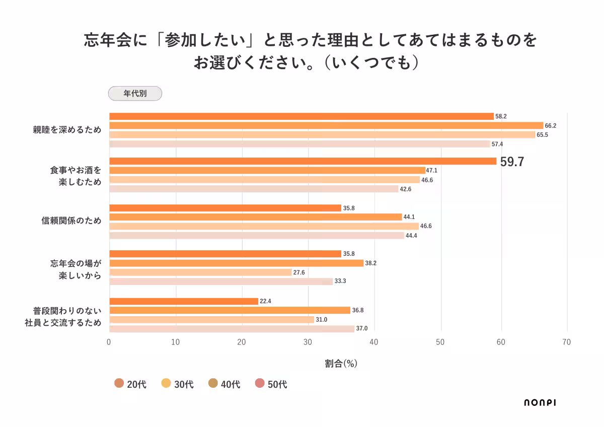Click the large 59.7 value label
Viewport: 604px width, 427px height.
tap(512, 162)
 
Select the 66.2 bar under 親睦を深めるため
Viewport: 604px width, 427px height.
tap(326, 125)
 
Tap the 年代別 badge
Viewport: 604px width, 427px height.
tap(135, 93)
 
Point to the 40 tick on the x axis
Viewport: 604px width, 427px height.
tap(373, 342)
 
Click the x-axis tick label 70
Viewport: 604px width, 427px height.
tap(566, 342)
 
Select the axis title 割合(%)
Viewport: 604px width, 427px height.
tap(341, 363)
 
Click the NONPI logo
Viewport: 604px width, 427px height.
tap(540, 402)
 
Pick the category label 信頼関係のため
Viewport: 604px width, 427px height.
tap(71, 221)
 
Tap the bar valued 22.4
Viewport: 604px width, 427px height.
tap(183, 301)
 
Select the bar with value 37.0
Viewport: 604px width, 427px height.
tap(232, 329)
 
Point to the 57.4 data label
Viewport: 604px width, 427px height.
tap(498, 144)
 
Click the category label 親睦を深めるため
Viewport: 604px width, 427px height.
tap(67, 129)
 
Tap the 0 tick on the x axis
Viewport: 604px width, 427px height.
tap(109, 342)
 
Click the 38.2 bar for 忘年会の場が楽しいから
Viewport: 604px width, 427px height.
tap(236, 263)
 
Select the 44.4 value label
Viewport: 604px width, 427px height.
tap(412, 236)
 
